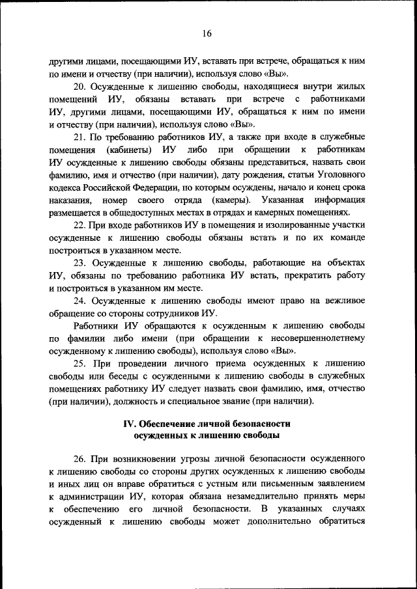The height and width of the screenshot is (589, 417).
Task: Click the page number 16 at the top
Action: [x=207, y=34]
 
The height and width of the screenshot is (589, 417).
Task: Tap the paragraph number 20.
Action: [x=79, y=87]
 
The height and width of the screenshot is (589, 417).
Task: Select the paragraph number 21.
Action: [x=79, y=136]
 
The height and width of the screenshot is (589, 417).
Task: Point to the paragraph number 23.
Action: [x=79, y=262]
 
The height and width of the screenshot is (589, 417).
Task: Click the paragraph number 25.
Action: [x=79, y=363]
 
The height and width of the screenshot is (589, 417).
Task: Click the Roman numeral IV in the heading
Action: [x=131, y=424]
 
